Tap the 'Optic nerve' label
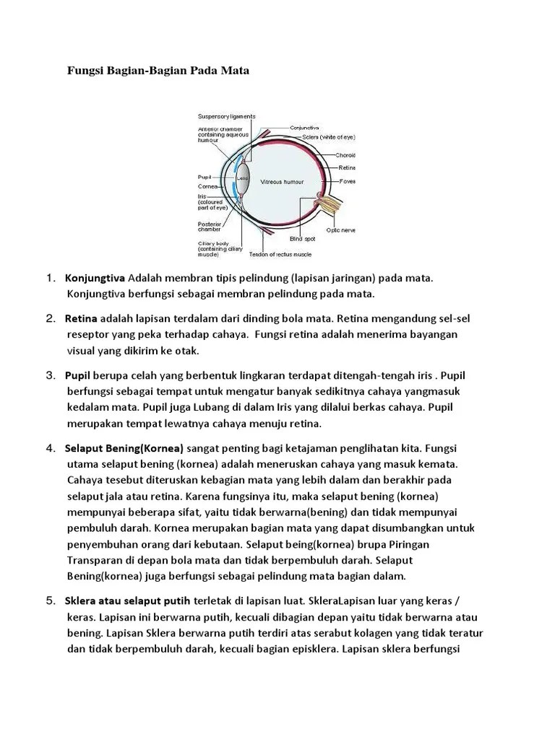click(340, 229)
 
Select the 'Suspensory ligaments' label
click(226, 116)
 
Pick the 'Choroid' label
click(345, 154)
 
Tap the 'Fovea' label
click(347, 181)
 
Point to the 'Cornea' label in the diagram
click(209, 185)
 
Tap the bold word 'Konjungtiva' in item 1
click(95, 278)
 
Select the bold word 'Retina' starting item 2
click(81, 318)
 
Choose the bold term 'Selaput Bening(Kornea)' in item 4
click(124, 447)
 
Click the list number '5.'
click(51, 600)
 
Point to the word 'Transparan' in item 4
click(95, 560)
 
